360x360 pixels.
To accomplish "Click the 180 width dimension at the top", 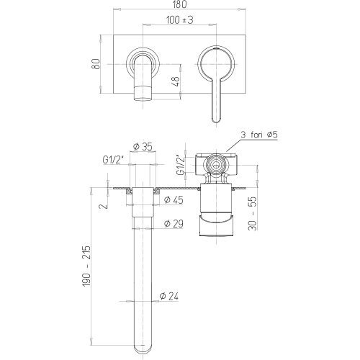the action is pos(179,4).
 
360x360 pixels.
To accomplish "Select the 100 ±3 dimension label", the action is pos(180,20).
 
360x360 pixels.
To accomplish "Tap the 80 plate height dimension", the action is pos(96,64).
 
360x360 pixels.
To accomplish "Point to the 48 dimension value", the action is pos(176,81).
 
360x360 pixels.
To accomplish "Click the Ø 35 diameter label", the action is pos(143,146).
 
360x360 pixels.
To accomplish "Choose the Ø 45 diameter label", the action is pos(174,199).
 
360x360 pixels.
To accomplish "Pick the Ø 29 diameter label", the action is pos(174,224).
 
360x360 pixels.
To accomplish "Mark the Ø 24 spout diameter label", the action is pos(169,297).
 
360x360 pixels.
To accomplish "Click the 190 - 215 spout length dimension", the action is pos(86,266).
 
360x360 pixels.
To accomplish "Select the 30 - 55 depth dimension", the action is pos(253,214).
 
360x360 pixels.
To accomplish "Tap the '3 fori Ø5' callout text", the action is pos(259,135).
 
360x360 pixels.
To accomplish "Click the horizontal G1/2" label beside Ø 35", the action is pos(113,160).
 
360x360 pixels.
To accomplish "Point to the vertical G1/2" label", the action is pos(181,165).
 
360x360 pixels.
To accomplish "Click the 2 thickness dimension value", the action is pos(103,206).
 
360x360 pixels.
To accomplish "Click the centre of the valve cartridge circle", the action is pos(216,166).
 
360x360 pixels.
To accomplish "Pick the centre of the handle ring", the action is pos(216,64).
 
